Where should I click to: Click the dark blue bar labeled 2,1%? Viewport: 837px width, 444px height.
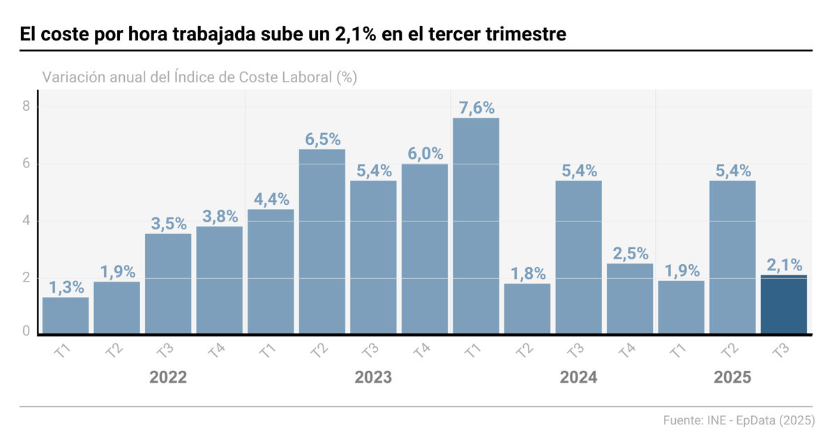click(783, 305)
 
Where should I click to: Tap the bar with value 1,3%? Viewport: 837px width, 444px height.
click(66, 315)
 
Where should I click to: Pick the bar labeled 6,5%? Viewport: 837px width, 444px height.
click(322, 241)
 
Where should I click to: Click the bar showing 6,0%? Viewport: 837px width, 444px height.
click(424, 249)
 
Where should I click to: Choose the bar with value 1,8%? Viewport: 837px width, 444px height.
click(527, 308)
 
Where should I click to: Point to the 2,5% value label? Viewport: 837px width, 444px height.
click(630, 253)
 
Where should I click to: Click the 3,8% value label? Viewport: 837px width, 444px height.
click(220, 216)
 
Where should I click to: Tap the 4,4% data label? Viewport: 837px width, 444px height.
click(271, 199)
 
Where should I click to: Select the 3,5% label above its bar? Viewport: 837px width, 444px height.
click(168, 224)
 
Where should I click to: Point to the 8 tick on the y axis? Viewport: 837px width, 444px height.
click(26, 107)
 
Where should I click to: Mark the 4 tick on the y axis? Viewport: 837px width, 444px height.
click(26, 220)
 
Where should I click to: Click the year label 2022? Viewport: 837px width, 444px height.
click(168, 378)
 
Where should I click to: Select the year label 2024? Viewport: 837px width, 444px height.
click(578, 378)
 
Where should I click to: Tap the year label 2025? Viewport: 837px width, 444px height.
click(732, 378)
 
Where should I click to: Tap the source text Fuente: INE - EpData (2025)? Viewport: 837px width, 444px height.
click(738, 420)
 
